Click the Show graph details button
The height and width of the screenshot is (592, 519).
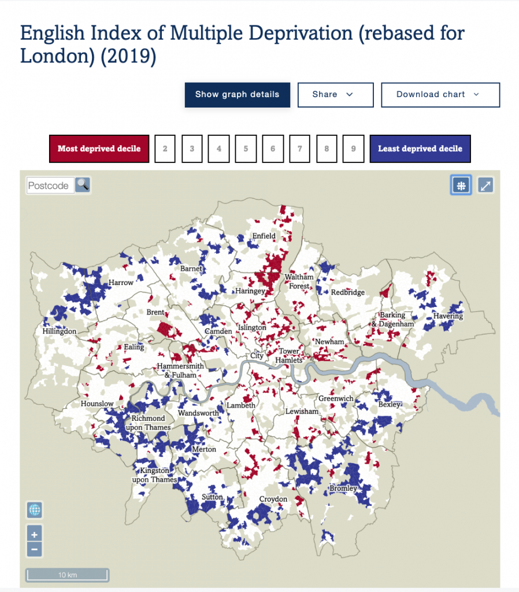(x=237, y=95)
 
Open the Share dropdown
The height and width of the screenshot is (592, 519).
(x=335, y=95)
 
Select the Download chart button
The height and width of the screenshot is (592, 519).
(x=440, y=95)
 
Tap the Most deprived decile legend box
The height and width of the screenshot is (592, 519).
(x=99, y=149)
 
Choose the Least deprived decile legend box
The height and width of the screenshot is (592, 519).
(x=420, y=149)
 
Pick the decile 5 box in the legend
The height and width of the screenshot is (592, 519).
(x=246, y=149)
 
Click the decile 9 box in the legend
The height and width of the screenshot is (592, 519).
(x=353, y=149)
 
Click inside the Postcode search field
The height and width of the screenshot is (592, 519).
(x=50, y=186)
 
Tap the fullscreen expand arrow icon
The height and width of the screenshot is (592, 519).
(x=485, y=185)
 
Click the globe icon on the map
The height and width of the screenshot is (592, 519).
(x=35, y=510)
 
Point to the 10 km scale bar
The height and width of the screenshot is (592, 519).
(x=67, y=575)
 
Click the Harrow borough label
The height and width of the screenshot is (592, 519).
(x=121, y=283)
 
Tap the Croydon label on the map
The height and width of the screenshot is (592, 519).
(x=273, y=499)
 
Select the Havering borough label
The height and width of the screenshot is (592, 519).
(x=448, y=316)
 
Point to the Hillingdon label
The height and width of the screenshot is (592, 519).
(x=59, y=332)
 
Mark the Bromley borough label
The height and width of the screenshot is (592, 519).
(x=343, y=489)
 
